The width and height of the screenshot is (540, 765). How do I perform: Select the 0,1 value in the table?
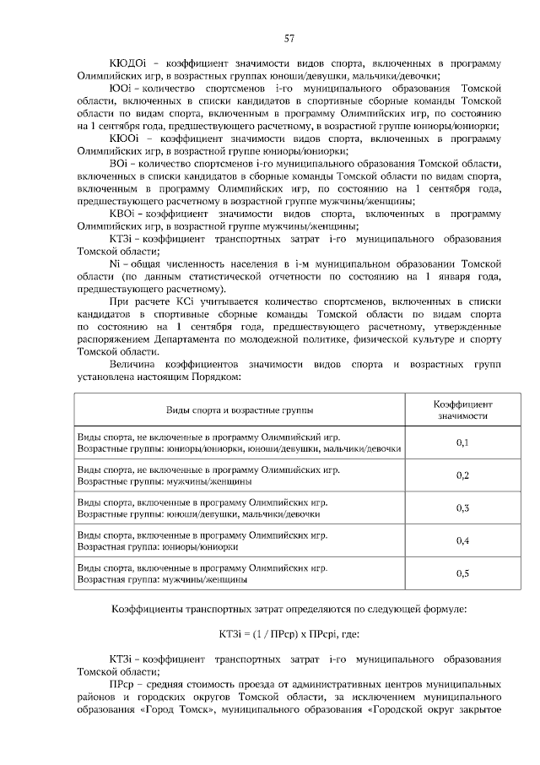[x=462, y=442]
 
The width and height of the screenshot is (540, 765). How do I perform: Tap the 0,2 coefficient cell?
[x=462, y=475]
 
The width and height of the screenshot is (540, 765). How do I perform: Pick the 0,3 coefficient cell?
[x=462, y=507]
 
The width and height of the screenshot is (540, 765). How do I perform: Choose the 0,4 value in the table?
[x=462, y=540]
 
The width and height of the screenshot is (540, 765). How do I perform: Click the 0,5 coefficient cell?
[x=462, y=573]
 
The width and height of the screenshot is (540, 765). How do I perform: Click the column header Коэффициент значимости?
[x=462, y=410]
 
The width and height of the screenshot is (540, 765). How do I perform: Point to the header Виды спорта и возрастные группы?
[x=239, y=410]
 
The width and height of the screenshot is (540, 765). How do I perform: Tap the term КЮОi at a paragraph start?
[x=127, y=138]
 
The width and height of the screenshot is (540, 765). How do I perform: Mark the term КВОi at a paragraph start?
[x=124, y=214]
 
